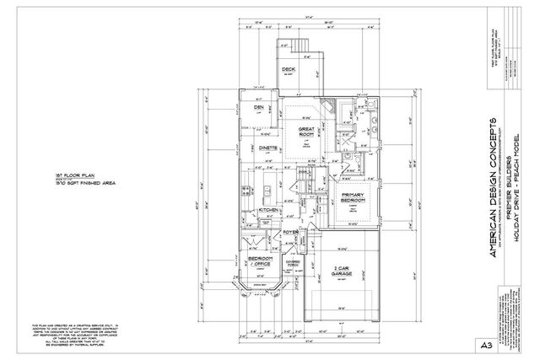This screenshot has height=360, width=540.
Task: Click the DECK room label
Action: click(x=289, y=70)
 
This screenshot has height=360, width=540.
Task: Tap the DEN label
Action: click(x=259, y=108)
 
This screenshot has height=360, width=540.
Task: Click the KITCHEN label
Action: click(x=269, y=209)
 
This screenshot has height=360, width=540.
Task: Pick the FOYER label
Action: click(x=291, y=231)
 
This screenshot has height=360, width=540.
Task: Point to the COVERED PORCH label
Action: click(x=295, y=263)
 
